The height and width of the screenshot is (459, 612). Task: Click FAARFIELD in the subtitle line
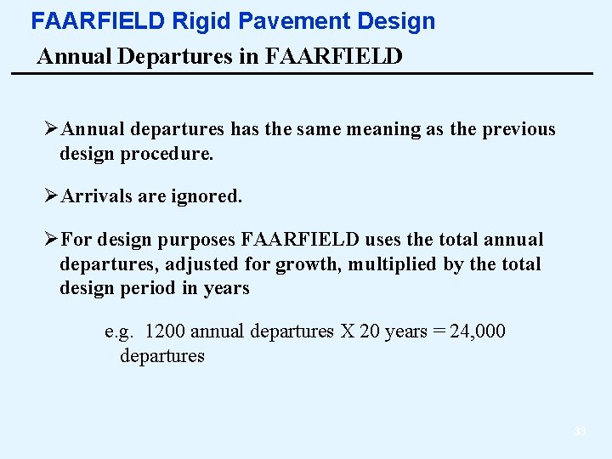334,57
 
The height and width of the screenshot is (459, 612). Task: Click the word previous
518,129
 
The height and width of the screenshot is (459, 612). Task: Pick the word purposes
197,241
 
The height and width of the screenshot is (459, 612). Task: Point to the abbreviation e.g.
119,331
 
